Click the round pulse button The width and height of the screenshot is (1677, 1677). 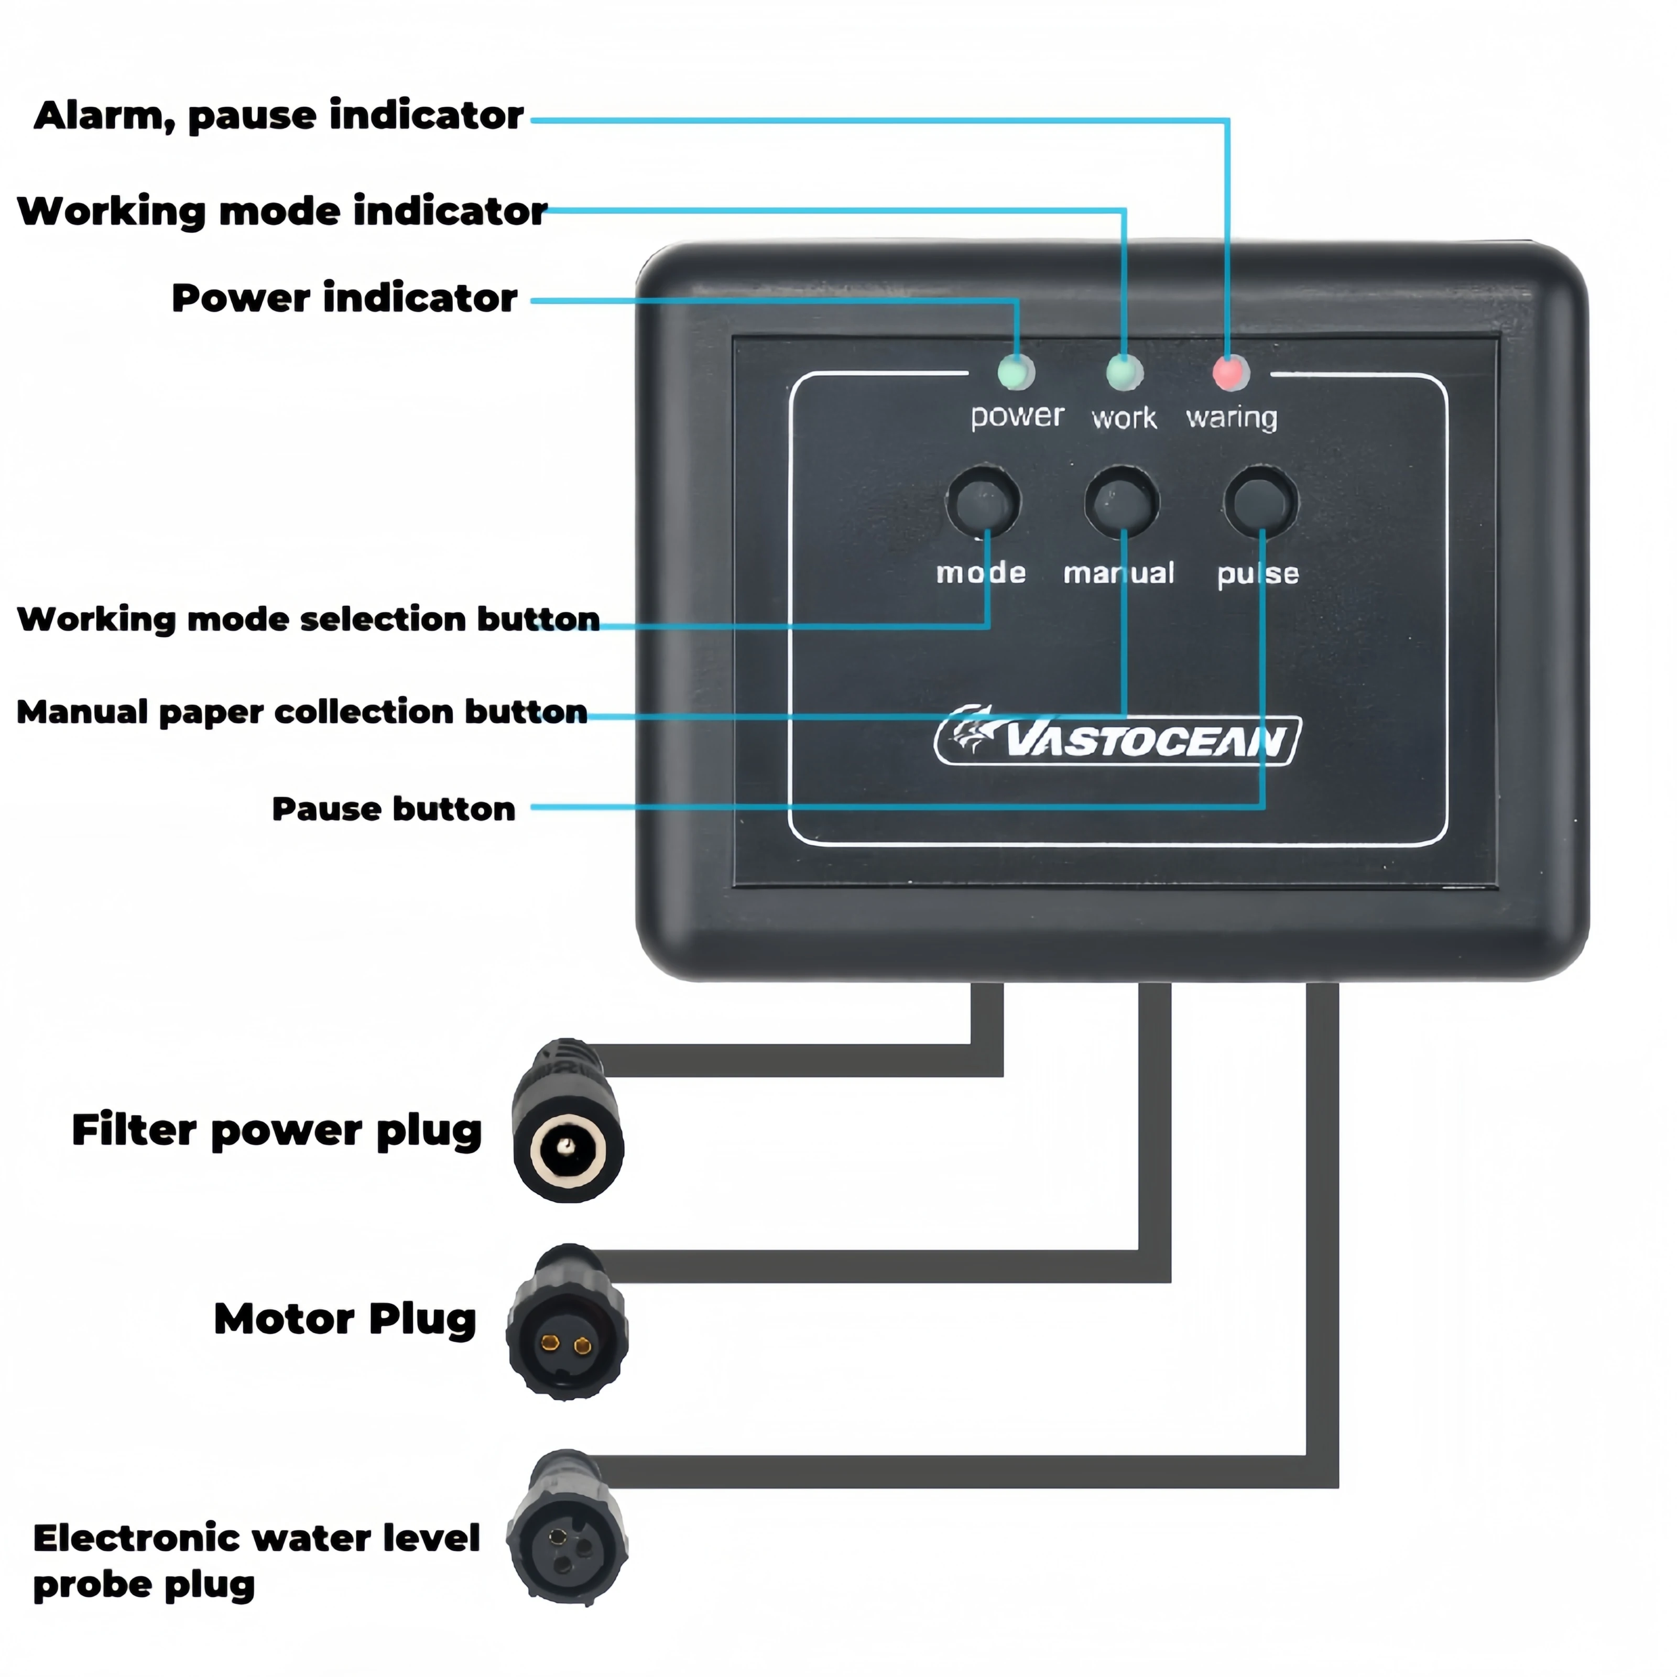[1260, 502]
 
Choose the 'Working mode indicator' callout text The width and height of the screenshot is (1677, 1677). [282, 211]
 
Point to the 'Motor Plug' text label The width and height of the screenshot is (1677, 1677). [345, 1320]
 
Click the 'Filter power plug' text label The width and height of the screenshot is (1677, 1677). [276, 1131]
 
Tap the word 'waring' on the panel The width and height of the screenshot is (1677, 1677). [1232, 418]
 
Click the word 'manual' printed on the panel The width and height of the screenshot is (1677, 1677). [1119, 573]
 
